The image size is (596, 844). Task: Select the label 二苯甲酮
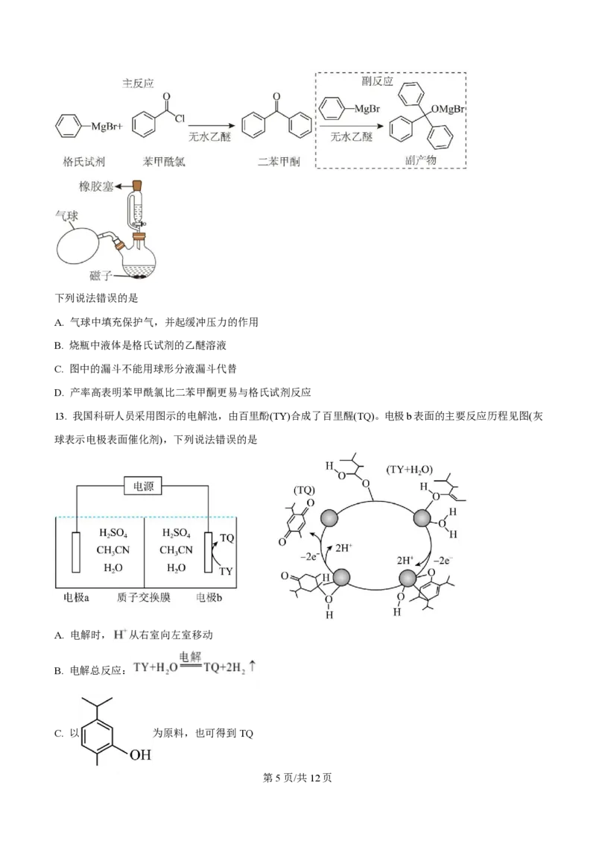pos(279,161)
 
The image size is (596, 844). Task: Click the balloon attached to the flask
pos(83,242)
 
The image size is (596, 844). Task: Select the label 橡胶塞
pos(97,186)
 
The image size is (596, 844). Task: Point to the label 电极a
pos(77,597)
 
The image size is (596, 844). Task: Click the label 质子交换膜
pos(143,597)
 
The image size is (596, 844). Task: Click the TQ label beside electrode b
pos(227,538)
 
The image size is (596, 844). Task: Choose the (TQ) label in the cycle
pos(304,491)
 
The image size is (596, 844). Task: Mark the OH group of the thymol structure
pos(141,755)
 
